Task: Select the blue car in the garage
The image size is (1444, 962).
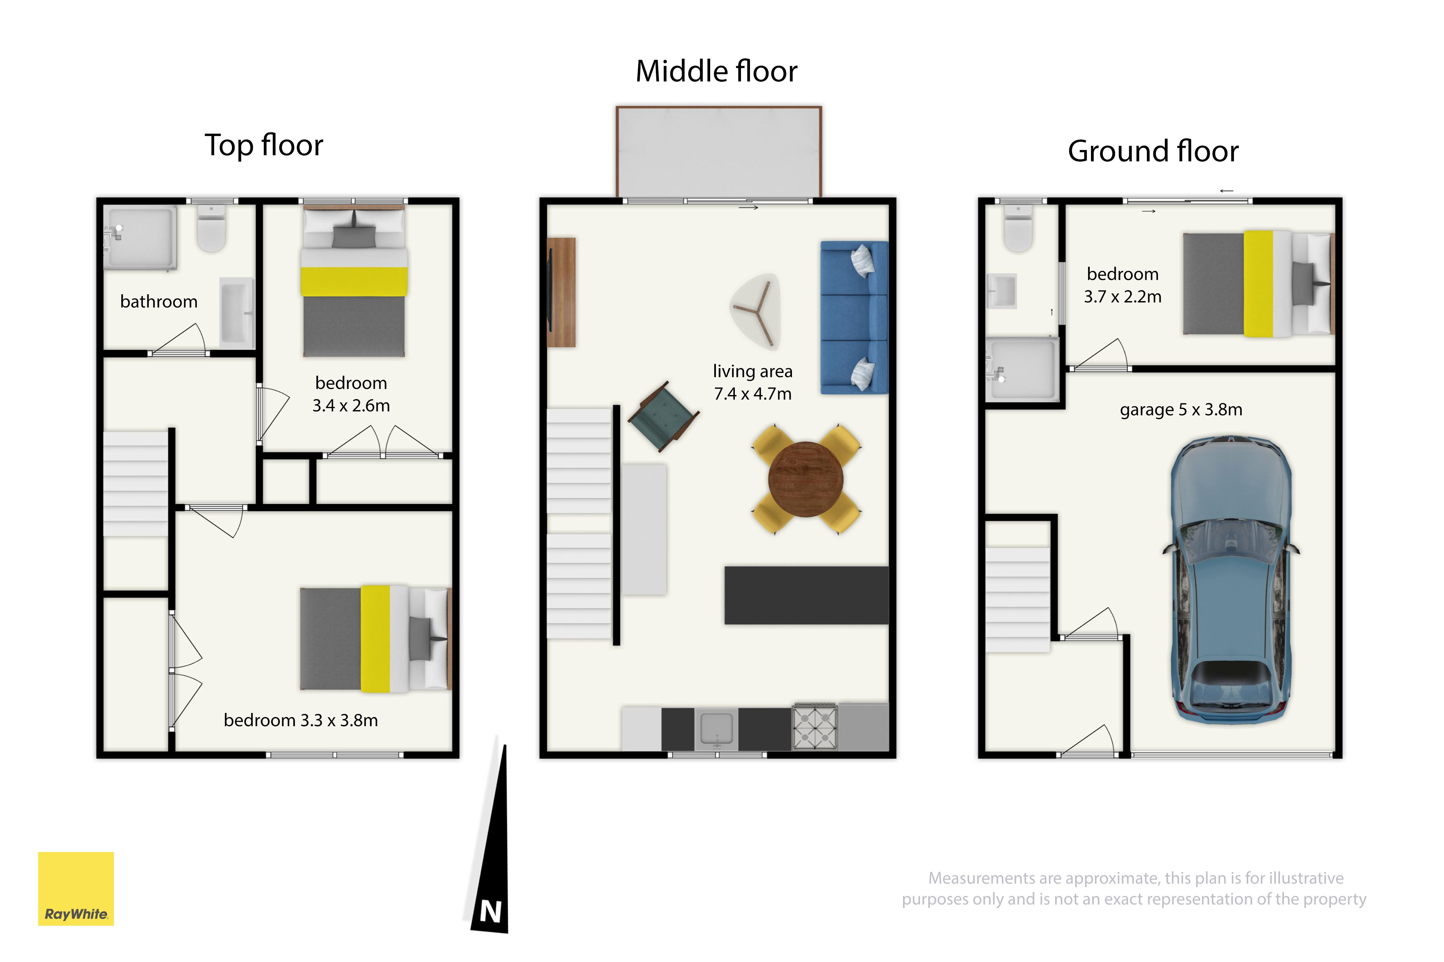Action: (1231, 580)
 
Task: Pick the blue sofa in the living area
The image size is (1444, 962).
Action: (854, 317)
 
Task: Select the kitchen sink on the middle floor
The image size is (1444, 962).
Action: (717, 729)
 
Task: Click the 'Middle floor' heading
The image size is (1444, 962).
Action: (717, 71)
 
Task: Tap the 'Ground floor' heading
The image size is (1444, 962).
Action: (1153, 151)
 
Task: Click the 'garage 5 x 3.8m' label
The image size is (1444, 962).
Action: (1181, 410)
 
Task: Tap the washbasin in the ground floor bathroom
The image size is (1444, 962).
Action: (1001, 291)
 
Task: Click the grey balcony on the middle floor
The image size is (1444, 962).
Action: (719, 152)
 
